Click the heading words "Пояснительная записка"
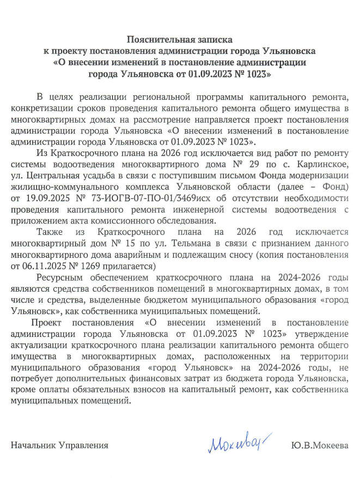tap(179, 40)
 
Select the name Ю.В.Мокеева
tap(320, 446)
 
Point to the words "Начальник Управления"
tap(59, 446)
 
